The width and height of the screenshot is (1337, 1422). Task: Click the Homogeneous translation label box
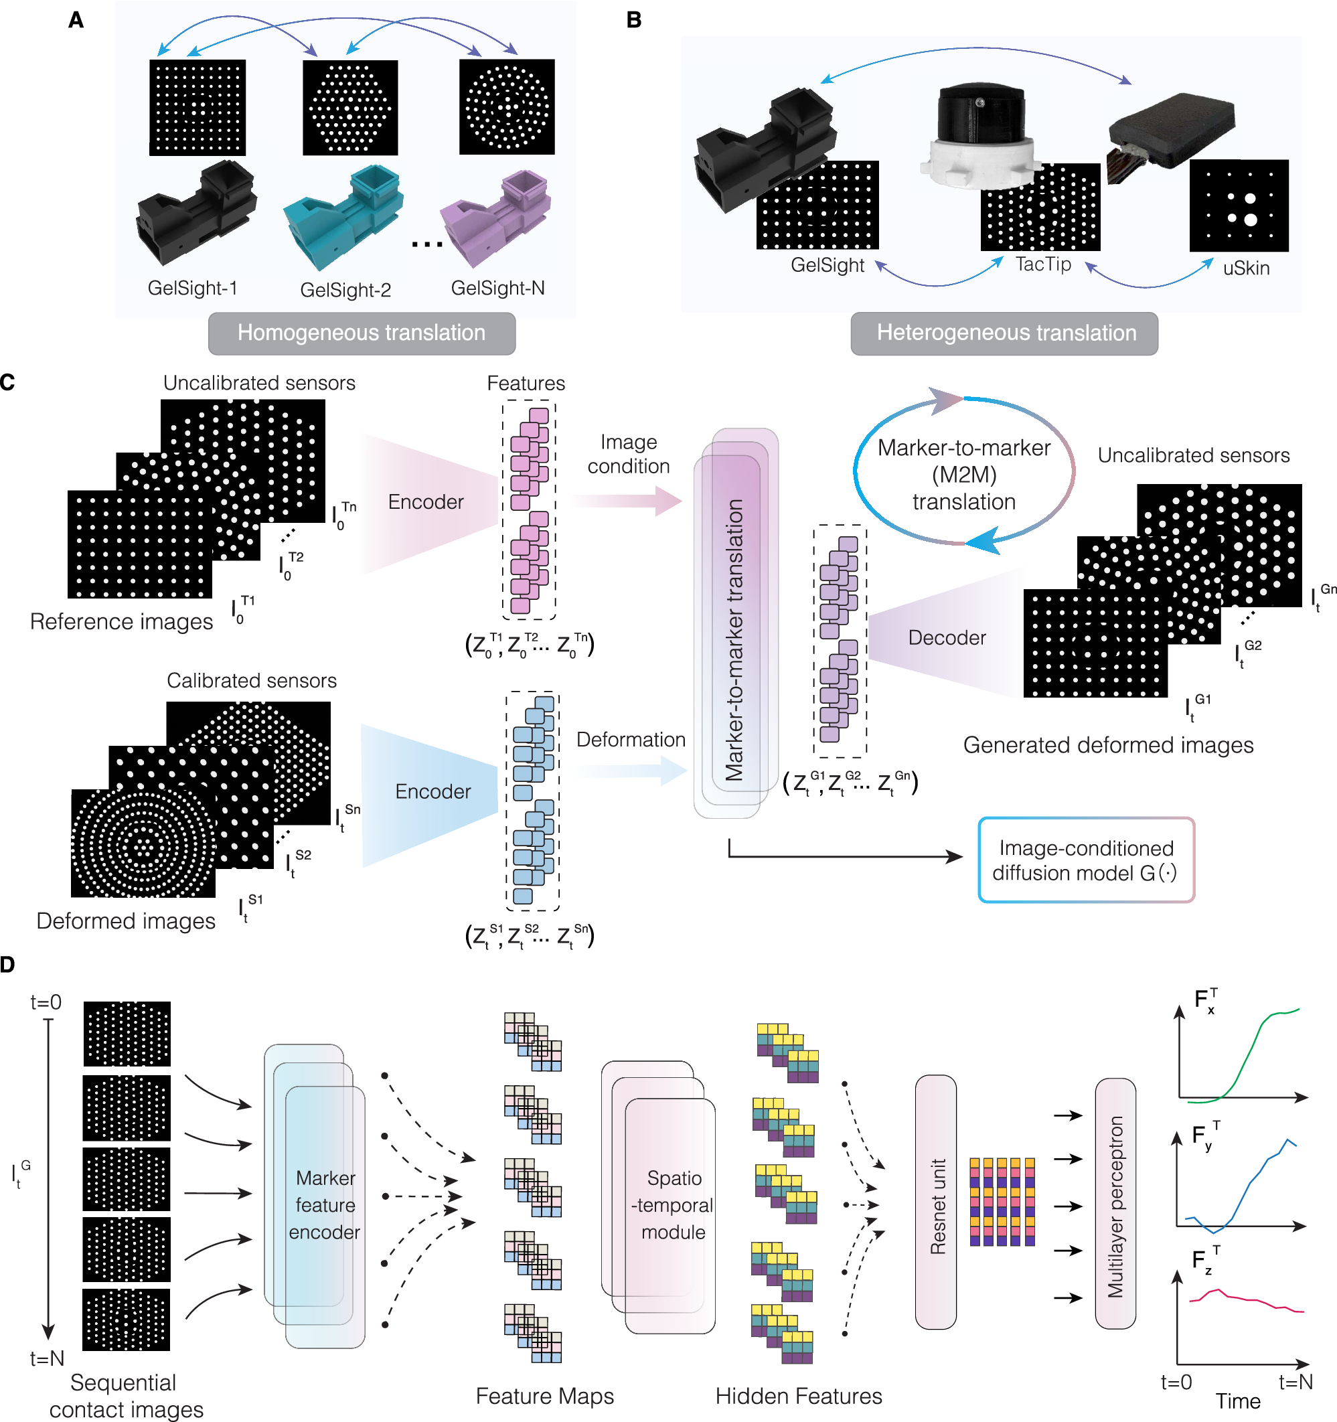click(x=362, y=333)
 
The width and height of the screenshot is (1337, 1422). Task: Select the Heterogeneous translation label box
click(x=1004, y=333)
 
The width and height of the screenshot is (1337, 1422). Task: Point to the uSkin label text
click(x=1245, y=268)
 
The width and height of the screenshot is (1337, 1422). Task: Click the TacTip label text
click(x=1043, y=264)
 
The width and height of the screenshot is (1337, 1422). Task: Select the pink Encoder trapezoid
click(x=427, y=502)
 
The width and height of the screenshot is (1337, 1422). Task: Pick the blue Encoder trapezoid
click(x=432, y=792)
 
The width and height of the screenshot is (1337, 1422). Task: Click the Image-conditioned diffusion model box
click(x=1085, y=860)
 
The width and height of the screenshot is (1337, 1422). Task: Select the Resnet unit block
click(x=936, y=1202)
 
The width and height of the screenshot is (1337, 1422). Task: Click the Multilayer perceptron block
click(x=1115, y=1204)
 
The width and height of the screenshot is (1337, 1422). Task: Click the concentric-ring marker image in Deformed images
click(x=143, y=844)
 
